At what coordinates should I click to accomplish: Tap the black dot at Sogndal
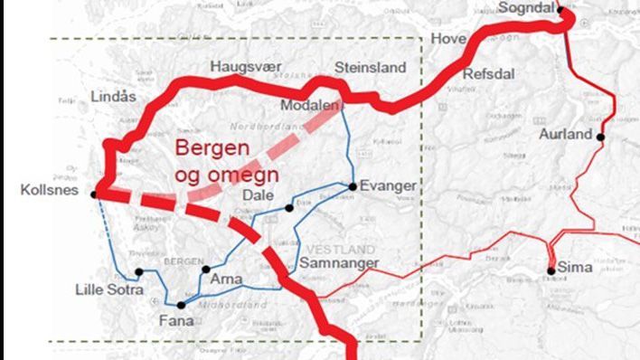click(x=560, y=10)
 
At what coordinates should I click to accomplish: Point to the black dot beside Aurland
click(x=600, y=137)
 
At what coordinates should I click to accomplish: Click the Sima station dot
click(x=551, y=270)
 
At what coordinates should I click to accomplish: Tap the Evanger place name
click(x=388, y=185)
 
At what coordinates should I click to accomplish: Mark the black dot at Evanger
click(x=353, y=186)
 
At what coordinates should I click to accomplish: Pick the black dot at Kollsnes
click(x=95, y=193)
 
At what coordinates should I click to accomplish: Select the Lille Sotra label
click(x=109, y=289)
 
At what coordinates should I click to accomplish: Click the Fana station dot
click(x=182, y=305)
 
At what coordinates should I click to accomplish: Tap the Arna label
click(x=227, y=279)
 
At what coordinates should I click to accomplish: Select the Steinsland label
click(x=371, y=68)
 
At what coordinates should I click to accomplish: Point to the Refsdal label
click(x=488, y=74)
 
